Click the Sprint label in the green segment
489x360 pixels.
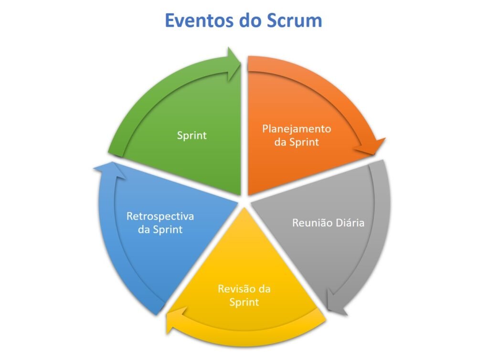tap(192, 135)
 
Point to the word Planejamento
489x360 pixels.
tap(297, 129)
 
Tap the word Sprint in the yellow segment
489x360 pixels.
tap(244, 302)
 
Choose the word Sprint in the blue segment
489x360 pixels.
tap(167, 229)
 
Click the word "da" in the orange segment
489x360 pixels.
tap(281, 142)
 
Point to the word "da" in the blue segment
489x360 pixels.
tap(144, 229)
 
